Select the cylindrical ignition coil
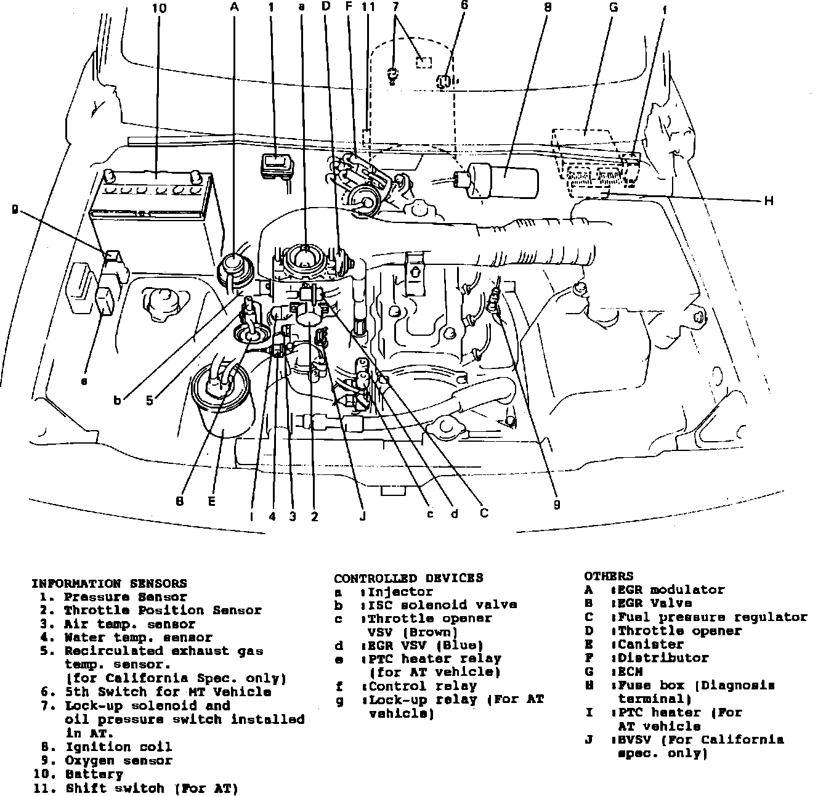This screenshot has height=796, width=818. pyautogui.click(x=502, y=179)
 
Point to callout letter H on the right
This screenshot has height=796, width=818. pyautogui.click(x=769, y=201)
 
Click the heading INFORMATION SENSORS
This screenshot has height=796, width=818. pyautogui.click(x=109, y=583)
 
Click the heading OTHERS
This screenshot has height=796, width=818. pyautogui.click(x=608, y=576)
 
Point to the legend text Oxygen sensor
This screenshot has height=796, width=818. pyautogui.click(x=118, y=761)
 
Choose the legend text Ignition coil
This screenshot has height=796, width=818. pyautogui.click(x=118, y=747)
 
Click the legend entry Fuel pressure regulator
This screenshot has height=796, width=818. pyautogui.click(x=712, y=617)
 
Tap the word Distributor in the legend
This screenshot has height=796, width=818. pyautogui.click(x=663, y=658)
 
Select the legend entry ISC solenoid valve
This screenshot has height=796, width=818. pyautogui.click(x=442, y=605)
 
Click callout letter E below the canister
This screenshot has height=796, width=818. pyautogui.click(x=211, y=502)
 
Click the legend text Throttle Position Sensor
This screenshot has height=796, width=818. pyautogui.click(x=163, y=611)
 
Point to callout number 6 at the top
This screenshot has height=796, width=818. pyautogui.click(x=463, y=6)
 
